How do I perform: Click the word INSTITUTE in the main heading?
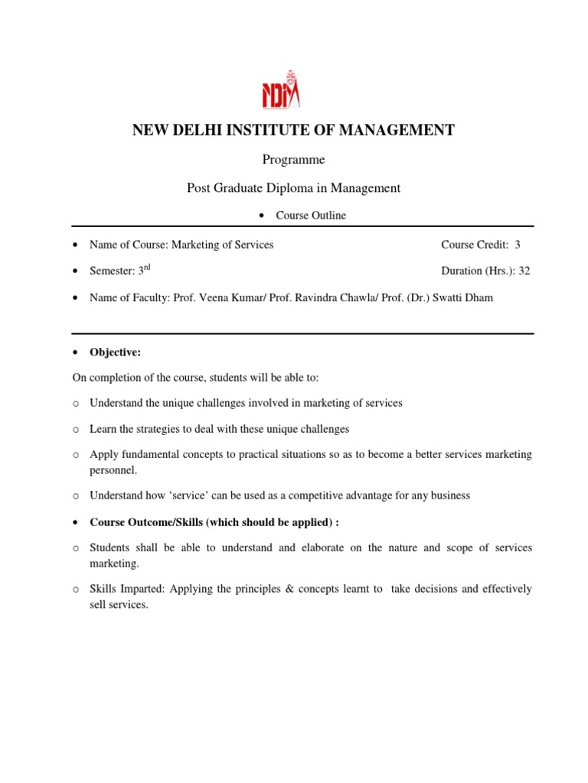click(263, 131)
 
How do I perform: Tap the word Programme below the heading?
click(294, 160)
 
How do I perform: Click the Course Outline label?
click(310, 216)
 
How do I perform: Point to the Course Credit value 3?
click(518, 245)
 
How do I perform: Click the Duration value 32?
click(524, 271)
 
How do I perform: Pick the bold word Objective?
click(115, 353)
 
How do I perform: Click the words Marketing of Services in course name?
click(222, 245)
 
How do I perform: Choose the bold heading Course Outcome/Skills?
click(150, 522)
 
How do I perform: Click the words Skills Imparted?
click(127, 590)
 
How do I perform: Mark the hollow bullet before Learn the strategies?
click(76, 430)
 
